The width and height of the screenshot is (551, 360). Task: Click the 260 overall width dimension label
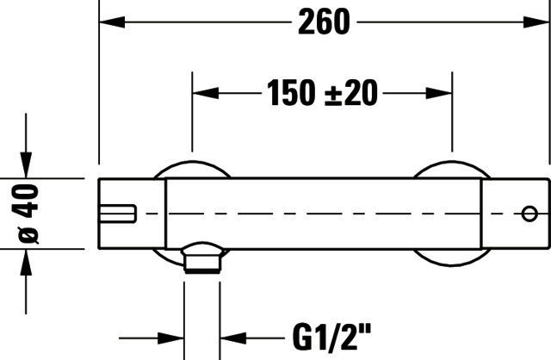coord(324,22)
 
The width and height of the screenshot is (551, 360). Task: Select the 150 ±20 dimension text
coord(322,93)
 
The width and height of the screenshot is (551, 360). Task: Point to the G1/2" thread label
coord(331,337)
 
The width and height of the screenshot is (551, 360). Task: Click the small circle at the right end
coord(529,214)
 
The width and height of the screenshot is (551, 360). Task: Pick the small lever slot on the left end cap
coord(117,214)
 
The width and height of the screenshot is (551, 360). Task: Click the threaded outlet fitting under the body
coord(203,258)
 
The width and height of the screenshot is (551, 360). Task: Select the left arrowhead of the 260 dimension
coord(113,22)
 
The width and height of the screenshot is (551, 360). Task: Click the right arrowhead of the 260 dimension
coord(536,22)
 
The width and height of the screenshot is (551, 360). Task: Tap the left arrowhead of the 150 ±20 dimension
coord(206,93)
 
